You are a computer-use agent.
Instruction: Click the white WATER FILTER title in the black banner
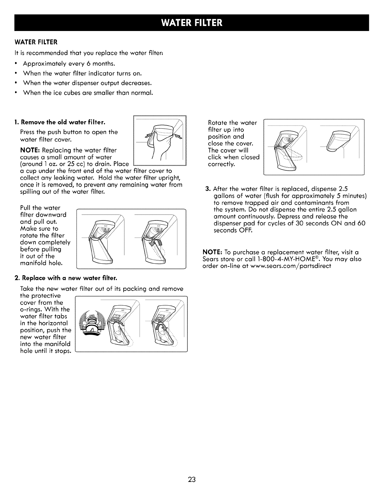(191, 23)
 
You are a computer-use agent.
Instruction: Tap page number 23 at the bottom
(192, 480)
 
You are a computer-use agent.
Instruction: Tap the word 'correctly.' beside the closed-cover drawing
(221, 164)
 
